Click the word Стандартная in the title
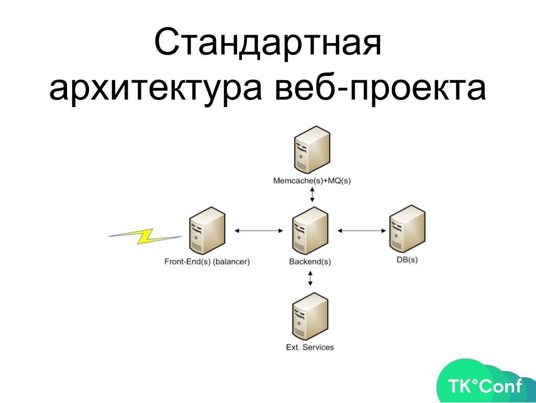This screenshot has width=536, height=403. pyautogui.click(x=267, y=45)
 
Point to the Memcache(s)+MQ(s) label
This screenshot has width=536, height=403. pyautogui.click(x=312, y=181)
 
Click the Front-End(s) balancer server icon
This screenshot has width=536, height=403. pyautogui.click(x=207, y=231)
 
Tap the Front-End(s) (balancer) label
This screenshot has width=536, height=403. pyautogui.click(x=207, y=261)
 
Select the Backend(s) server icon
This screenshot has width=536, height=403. pyautogui.click(x=310, y=231)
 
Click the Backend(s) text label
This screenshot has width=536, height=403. pyautogui.click(x=310, y=261)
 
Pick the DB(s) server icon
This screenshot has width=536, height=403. pyautogui.click(x=407, y=230)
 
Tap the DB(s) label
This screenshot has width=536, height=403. pyautogui.click(x=407, y=260)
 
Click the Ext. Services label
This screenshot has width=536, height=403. pyautogui.click(x=310, y=347)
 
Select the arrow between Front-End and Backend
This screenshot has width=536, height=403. pyautogui.click(x=259, y=230)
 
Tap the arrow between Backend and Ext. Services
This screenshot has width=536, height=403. pyautogui.click(x=311, y=278)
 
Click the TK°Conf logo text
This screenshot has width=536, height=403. pyautogui.click(x=485, y=387)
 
